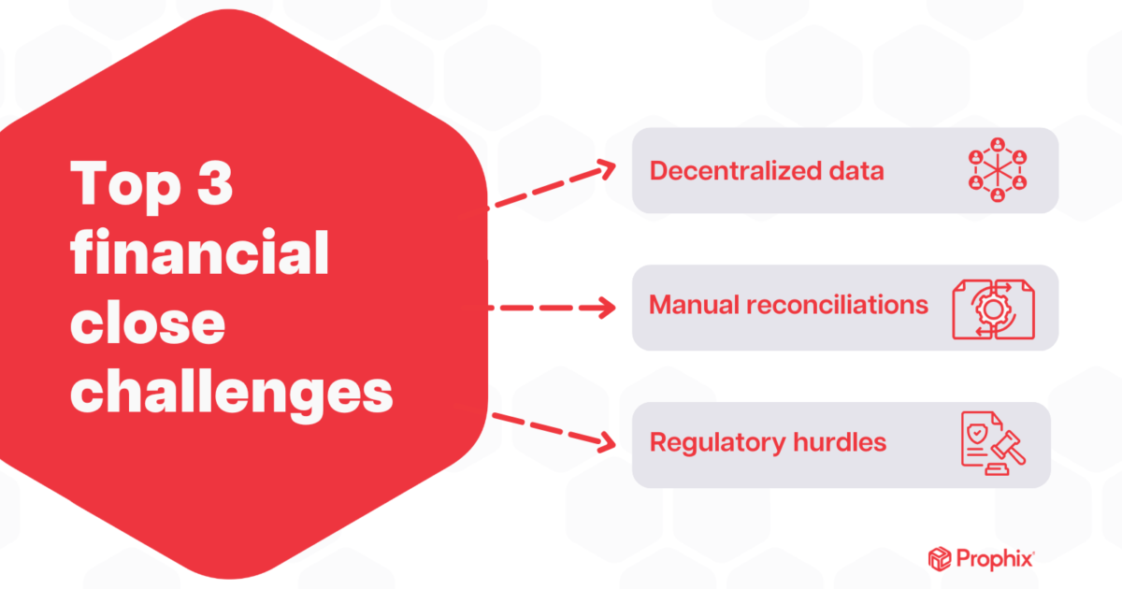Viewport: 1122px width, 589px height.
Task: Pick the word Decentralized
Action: click(x=729, y=171)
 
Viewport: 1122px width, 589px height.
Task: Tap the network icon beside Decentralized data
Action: click(x=997, y=170)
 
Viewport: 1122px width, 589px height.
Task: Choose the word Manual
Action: click(x=693, y=306)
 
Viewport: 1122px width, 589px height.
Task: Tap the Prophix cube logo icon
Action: click(x=938, y=559)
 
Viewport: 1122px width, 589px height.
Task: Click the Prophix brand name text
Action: click(x=994, y=559)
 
